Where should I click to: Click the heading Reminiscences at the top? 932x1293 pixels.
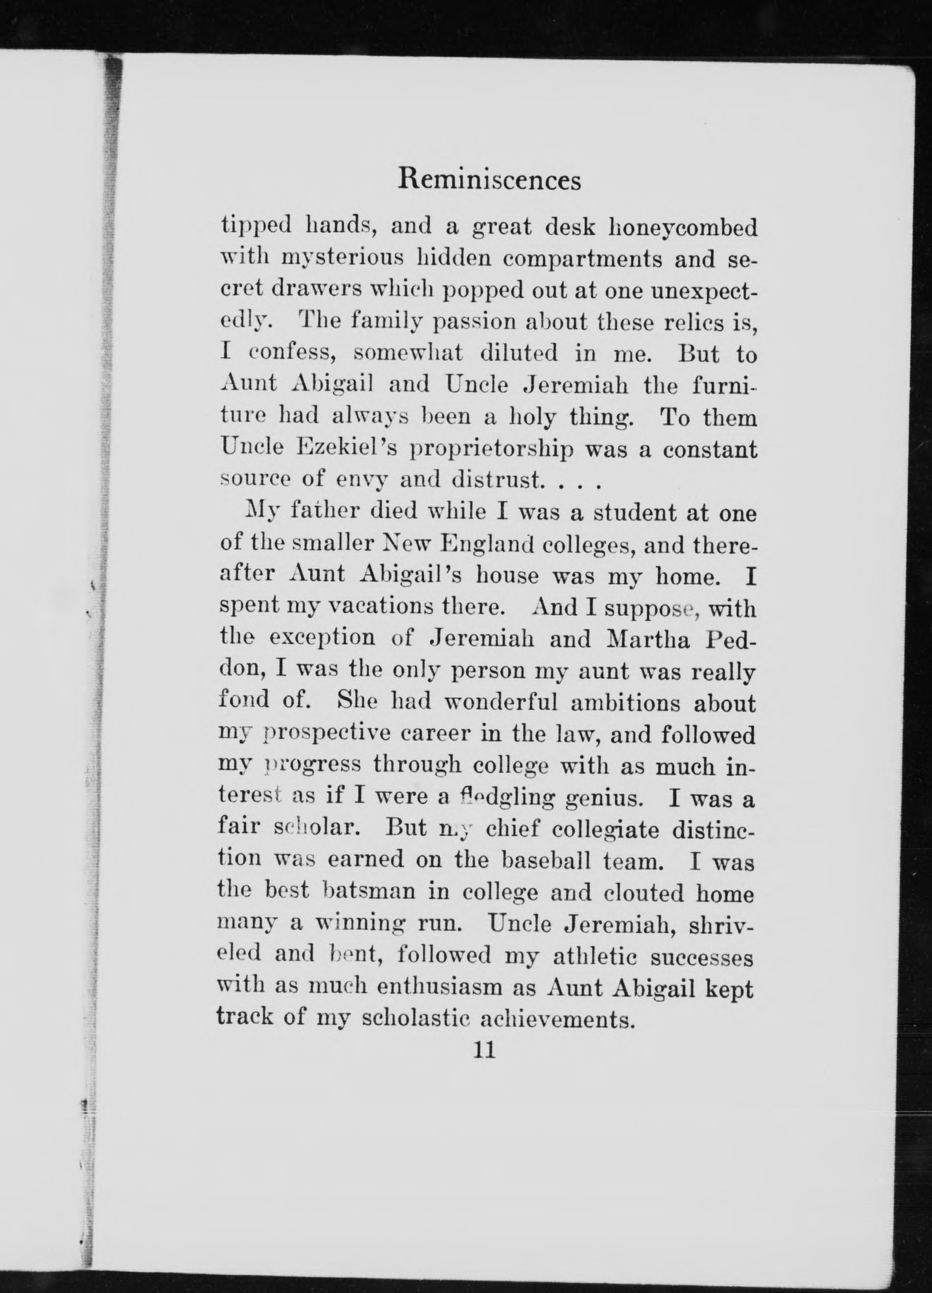(x=489, y=180)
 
